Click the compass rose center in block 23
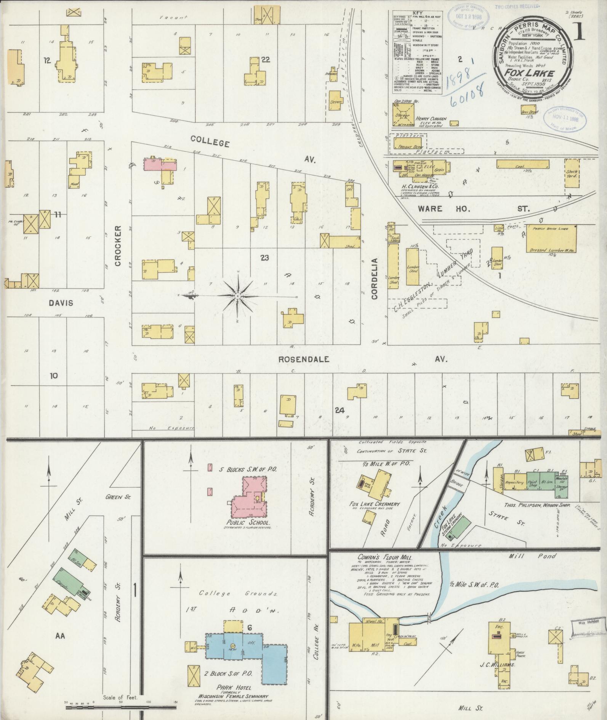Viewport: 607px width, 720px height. click(237, 296)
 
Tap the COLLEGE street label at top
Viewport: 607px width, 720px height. click(210, 142)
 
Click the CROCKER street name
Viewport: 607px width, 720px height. click(118, 246)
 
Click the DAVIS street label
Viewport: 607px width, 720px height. click(61, 303)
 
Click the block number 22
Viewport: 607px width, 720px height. click(266, 59)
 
